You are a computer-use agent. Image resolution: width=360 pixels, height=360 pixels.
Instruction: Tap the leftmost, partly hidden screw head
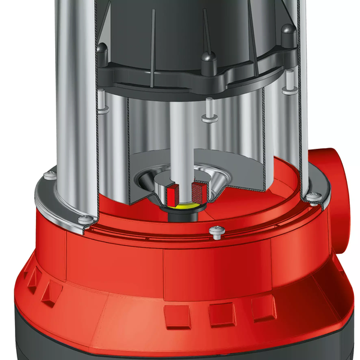(47, 176)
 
